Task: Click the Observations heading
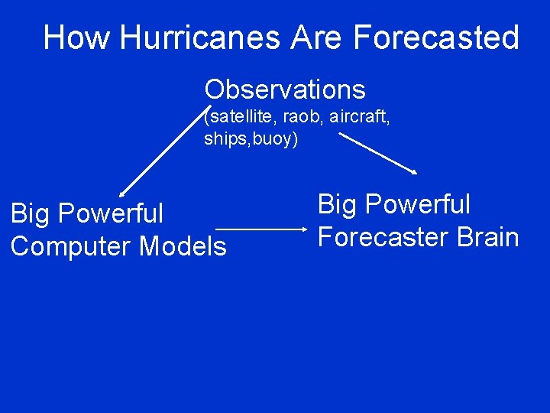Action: click(285, 89)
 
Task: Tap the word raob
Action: click(300, 117)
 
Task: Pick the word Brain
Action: click(488, 237)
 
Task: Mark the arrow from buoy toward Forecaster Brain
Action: click(377, 154)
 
